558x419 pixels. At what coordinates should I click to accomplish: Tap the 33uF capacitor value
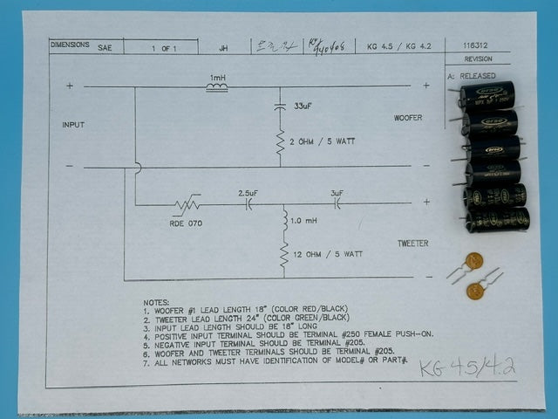click(x=302, y=106)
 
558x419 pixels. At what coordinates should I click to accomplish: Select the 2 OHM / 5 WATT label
click(x=323, y=141)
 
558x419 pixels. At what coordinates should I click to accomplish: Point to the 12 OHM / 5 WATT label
click(x=328, y=253)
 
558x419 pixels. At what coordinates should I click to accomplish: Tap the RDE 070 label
click(x=184, y=223)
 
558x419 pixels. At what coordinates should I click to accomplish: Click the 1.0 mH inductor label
click(x=304, y=222)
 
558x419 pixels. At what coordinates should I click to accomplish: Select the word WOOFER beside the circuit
click(x=408, y=117)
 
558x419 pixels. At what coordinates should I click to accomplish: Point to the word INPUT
click(x=73, y=125)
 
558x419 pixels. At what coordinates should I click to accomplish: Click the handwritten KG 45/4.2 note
click(x=466, y=367)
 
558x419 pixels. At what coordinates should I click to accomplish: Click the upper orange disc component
click(x=473, y=260)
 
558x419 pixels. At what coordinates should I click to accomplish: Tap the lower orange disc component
click(x=475, y=291)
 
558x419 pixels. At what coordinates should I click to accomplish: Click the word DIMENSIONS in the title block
click(x=70, y=44)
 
